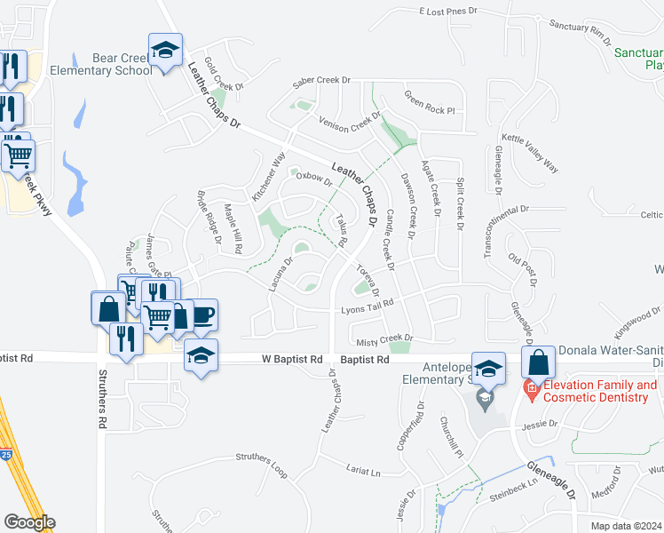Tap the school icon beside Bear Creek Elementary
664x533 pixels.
pos(165,51)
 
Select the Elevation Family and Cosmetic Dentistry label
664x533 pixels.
pos(600,391)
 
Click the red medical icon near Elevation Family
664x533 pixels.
pos(531,386)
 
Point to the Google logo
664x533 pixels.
pos(28,522)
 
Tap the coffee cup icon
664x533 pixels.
pos(202,315)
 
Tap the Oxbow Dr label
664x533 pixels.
pos(313,177)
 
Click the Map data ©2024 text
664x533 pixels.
pos(627,526)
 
